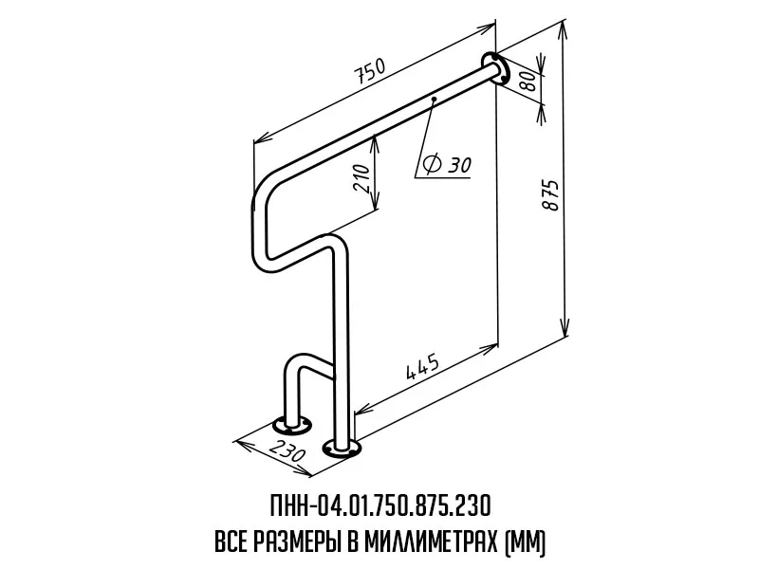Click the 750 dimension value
tap(370, 70)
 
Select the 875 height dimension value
tap(550, 195)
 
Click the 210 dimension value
tap(362, 178)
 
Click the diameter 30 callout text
tap(446, 163)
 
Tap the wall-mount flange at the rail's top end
tap(495, 68)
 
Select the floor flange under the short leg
tap(292, 426)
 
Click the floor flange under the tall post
tap(342, 448)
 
